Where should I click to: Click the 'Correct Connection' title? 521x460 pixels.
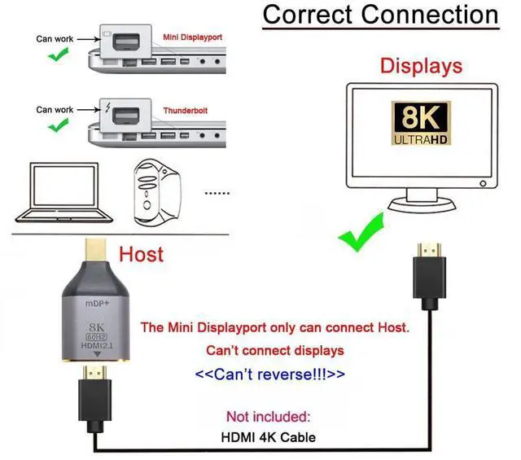pyautogui.click(x=380, y=15)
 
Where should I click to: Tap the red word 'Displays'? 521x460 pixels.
pyautogui.click(x=421, y=67)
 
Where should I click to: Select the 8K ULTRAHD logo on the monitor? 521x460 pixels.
pyautogui.click(x=421, y=125)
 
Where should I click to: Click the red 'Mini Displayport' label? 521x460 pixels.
pyautogui.click(x=192, y=37)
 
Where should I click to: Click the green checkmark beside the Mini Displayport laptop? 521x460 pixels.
pyautogui.click(x=57, y=55)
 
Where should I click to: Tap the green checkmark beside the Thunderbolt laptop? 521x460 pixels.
pyautogui.click(x=57, y=126)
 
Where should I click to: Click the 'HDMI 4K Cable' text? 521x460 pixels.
pyautogui.click(x=269, y=436)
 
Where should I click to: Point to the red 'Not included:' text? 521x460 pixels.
pyautogui.click(x=269, y=417)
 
